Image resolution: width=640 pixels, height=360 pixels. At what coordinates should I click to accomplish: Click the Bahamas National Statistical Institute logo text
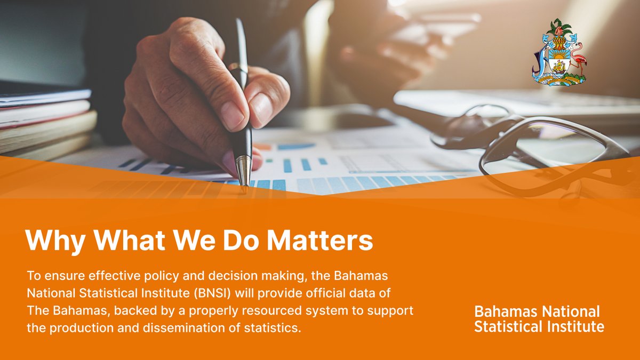tap(539, 319)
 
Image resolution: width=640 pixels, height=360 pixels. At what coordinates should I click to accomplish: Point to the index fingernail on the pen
tap(231, 115)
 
